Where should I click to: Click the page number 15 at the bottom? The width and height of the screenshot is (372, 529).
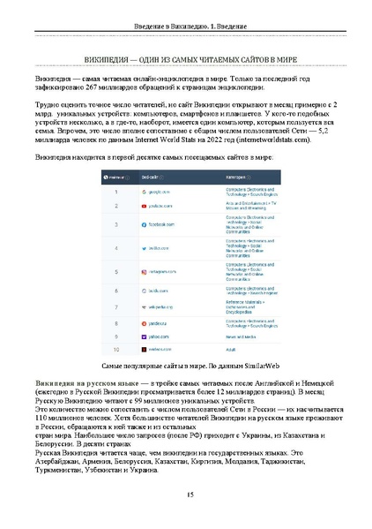point(186,495)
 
